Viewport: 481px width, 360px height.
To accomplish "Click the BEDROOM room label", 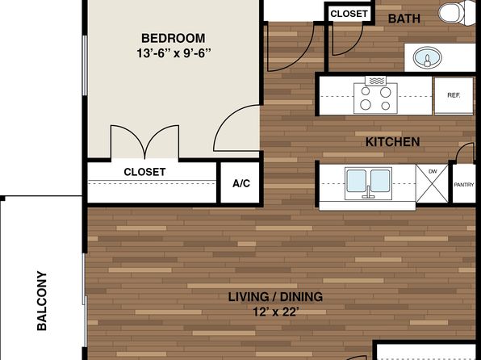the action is (x=174, y=39).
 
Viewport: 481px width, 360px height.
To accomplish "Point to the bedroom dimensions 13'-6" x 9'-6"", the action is (x=174, y=53).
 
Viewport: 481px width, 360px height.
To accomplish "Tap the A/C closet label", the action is (x=241, y=183).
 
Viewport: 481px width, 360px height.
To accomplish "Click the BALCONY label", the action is (x=42, y=301).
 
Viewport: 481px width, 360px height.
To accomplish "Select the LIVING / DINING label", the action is (x=275, y=297).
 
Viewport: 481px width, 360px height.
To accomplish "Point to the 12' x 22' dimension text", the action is (x=276, y=312).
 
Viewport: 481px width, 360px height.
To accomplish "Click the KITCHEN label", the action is (x=393, y=142).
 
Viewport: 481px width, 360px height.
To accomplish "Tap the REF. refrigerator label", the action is (x=454, y=95).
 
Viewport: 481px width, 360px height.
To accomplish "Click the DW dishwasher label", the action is (x=433, y=171).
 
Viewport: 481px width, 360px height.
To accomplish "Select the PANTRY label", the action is (x=464, y=185).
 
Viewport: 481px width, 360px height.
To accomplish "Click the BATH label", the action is (x=404, y=19).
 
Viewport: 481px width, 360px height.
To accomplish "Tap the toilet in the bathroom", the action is (x=457, y=13).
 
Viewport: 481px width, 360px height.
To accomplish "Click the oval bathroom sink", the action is (x=427, y=57).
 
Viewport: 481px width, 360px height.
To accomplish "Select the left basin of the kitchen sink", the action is (x=357, y=181).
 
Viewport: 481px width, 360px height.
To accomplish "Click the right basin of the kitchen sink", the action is (x=380, y=181).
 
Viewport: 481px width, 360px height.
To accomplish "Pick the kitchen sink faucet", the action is (x=369, y=193).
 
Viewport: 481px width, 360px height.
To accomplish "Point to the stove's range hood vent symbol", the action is (x=375, y=81).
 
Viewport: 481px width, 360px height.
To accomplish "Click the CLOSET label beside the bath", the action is (x=349, y=14).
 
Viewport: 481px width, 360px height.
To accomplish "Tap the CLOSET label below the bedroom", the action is (x=144, y=172).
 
